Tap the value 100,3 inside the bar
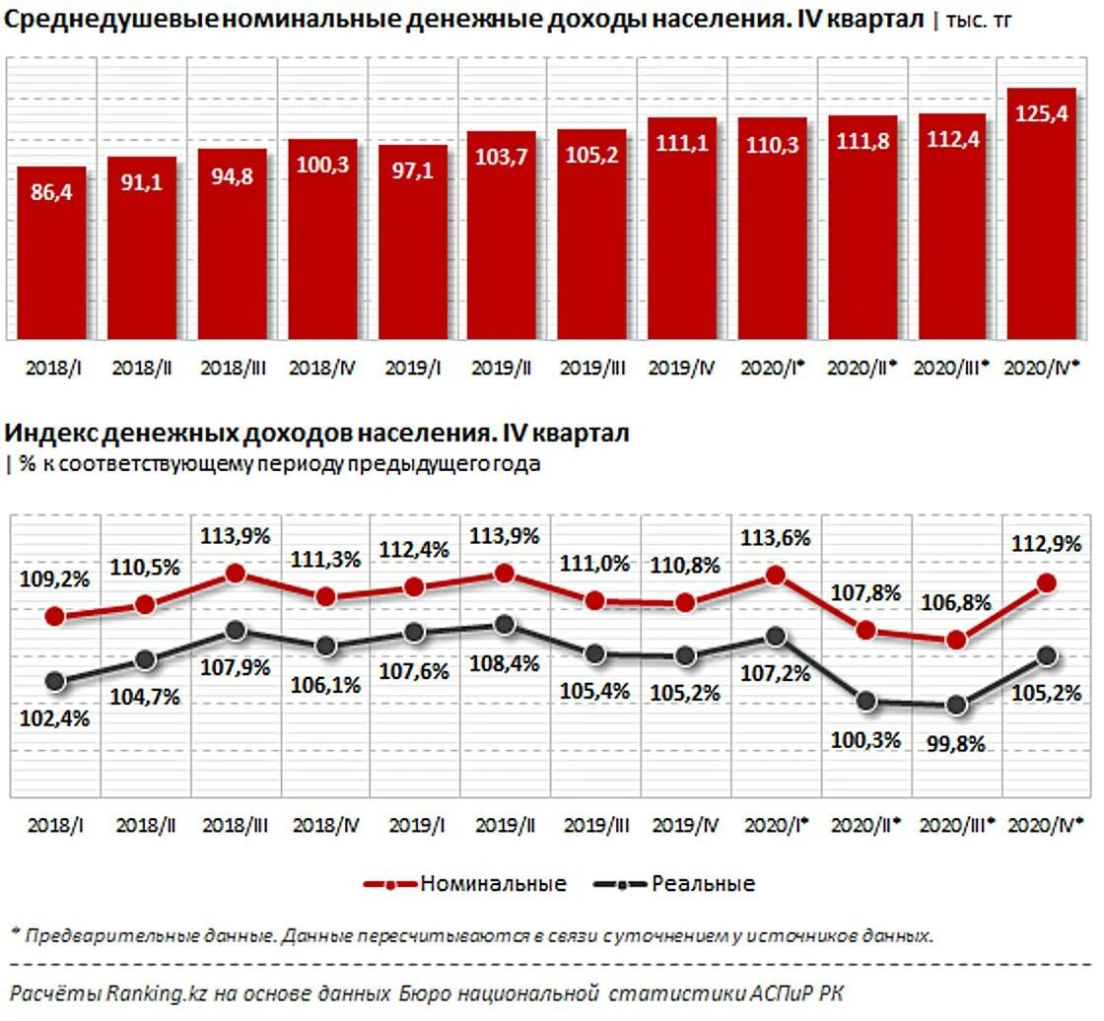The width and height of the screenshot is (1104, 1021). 322,164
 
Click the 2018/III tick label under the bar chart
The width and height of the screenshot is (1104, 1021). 233,367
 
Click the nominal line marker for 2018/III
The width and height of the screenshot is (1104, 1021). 235,574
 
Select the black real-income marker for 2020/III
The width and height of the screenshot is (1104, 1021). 954,706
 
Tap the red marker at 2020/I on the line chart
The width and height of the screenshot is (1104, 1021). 776,575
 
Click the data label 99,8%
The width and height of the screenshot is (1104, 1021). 954,745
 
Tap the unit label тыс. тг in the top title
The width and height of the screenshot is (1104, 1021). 978,20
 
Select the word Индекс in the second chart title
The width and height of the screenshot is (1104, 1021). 49,433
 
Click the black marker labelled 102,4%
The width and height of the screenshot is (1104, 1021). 55,681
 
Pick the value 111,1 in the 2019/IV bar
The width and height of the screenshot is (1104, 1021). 683,144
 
